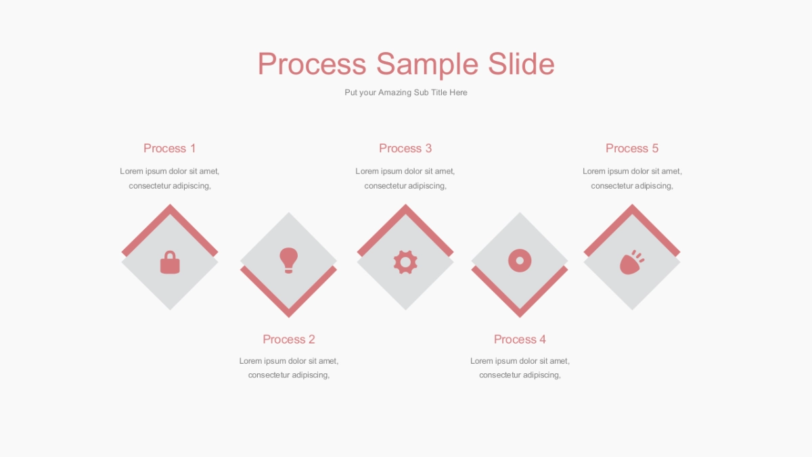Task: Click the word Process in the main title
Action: (x=312, y=64)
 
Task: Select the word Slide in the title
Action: (x=521, y=64)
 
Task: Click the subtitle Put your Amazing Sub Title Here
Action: (x=405, y=93)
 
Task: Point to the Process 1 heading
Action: (x=169, y=148)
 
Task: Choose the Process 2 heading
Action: (x=288, y=339)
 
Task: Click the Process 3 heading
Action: (x=405, y=148)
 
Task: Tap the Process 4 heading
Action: (x=520, y=339)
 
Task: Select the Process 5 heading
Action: (x=632, y=148)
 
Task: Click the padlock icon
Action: (x=170, y=262)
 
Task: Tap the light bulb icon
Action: (x=288, y=260)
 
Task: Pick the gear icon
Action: (x=405, y=262)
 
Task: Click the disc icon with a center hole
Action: (x=520, y=260)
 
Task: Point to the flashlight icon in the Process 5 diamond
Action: (x=632, y=262)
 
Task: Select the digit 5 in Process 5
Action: (x=655, y=148)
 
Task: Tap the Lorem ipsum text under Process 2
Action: (x=288, y=368)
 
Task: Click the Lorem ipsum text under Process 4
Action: (x=520, y=368)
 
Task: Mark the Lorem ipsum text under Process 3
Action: (x=405, y=178)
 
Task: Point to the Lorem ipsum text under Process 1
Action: (x=169, y=178)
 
